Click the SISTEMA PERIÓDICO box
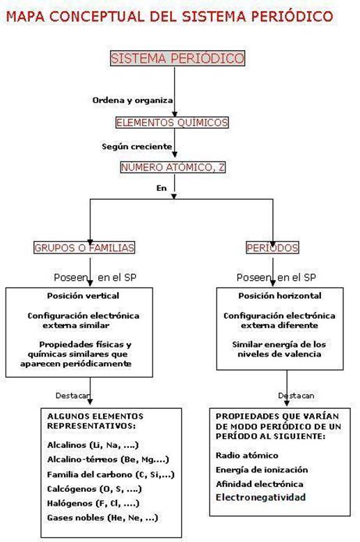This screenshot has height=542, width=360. click(178, 58)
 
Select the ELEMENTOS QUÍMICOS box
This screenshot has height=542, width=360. click(172, 123)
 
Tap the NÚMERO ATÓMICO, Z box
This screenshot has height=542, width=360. click(173, 167)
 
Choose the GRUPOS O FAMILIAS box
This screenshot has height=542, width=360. click(84, 247)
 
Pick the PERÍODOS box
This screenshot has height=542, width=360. click(272, 247)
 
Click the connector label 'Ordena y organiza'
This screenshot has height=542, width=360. click(133, 100)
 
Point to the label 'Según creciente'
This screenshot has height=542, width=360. click(136, 146)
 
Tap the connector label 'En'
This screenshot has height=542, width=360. click(162, 188)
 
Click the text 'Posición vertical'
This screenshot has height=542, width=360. click(83, 296)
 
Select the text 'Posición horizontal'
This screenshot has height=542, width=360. click(280, 296)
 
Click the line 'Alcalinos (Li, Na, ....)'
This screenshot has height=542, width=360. click(93, 445)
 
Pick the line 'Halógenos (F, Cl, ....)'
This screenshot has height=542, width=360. click(93, 503)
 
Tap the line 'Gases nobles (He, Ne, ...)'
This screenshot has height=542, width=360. click(102, 518)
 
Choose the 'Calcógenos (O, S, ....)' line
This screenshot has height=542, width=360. click(94, 489)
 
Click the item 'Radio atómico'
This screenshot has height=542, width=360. click(246, 456)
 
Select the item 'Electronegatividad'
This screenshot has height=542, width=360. click(261, 497)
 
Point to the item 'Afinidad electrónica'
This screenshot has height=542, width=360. click(260, 484)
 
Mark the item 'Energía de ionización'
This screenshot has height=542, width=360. click(262, 470)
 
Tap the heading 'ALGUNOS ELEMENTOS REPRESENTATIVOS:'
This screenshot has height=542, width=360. click(95, 421)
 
